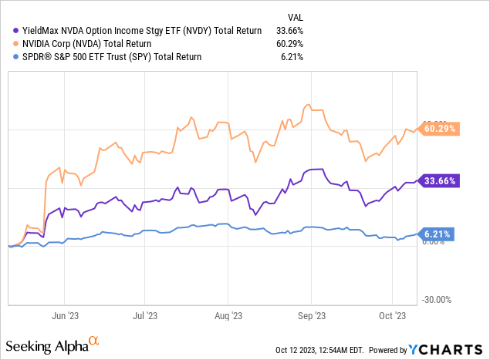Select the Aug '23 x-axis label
[x=227, y=315]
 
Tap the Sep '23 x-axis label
[x=310, y=315]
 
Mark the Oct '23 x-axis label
[x=392, y=315]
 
